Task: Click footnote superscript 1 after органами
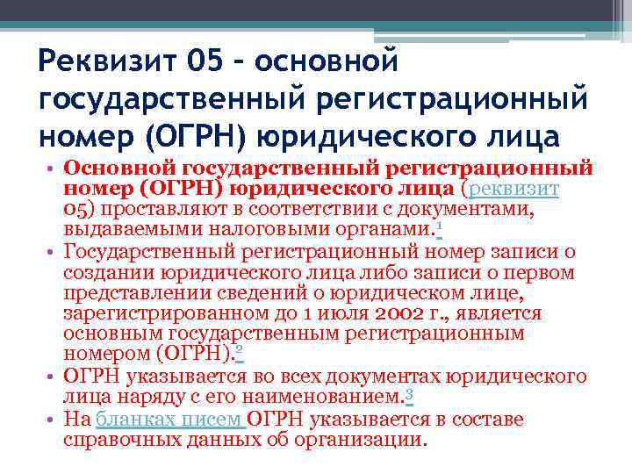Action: [439, 226]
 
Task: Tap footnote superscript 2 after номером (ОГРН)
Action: [240, 350]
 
